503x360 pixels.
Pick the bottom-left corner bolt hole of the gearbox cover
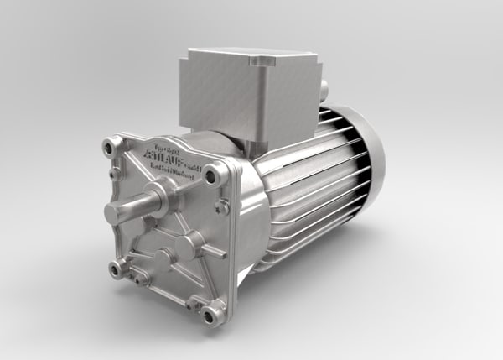(x=115, y=269)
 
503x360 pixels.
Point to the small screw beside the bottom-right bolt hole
(x=194, y=300)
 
